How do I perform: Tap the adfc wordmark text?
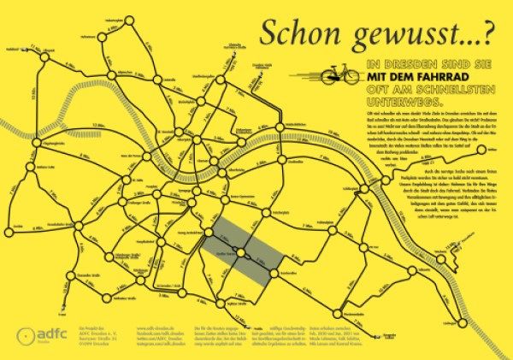click(x=50, y=334)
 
